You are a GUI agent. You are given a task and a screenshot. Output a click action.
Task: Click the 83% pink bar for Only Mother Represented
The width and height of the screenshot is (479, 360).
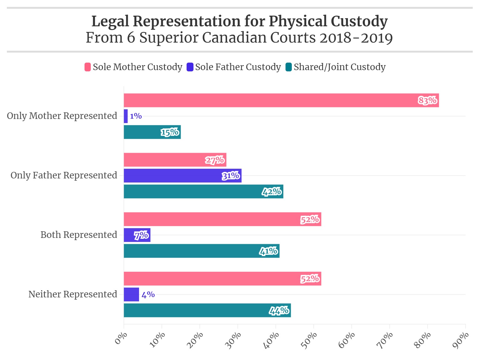click(281, 100)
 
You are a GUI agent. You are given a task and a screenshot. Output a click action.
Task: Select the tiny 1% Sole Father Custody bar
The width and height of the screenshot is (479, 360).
click(126, 116)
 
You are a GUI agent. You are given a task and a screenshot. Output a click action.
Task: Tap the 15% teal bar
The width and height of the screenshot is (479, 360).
click(152, 132)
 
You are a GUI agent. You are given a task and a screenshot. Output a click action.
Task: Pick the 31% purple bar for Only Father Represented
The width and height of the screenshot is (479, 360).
click(183, 176)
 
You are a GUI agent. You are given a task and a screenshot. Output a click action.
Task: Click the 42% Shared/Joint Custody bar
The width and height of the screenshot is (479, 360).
click(203, 192)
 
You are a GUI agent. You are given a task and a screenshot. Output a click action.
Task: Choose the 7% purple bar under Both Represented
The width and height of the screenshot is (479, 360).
click(137, 235)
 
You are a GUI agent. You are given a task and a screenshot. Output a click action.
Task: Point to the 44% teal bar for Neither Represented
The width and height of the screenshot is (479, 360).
click(207, 311)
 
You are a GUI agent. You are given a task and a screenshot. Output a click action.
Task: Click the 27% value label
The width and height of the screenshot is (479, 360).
click(215, 160)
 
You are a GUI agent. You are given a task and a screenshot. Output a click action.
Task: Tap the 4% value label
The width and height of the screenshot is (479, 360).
click(148, 295)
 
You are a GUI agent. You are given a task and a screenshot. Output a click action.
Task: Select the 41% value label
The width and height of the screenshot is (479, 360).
click(269, 251)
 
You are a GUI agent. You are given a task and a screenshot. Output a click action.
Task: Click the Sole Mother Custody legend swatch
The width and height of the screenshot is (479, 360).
click(88, 67)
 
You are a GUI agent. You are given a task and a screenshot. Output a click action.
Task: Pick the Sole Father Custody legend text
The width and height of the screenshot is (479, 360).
click(238, 67)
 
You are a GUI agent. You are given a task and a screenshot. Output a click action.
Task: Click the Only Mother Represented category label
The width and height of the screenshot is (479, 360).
click(62, 116)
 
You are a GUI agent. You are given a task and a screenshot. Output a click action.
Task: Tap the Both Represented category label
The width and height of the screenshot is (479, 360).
click(79, 235)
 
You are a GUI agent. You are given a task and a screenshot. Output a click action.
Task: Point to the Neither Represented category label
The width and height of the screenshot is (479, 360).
click(73, 294)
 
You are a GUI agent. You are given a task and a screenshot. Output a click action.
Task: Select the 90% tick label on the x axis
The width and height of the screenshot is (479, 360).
click(461, 340)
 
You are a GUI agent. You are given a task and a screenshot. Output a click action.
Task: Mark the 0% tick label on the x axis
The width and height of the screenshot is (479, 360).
click(121, 338)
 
